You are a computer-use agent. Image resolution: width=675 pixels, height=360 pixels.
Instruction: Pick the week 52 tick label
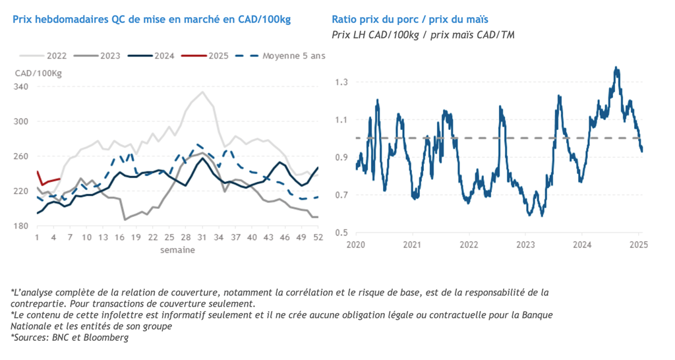click(x=318, y=237)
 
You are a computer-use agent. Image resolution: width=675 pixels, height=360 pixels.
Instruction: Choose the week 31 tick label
click(x=202, y=237)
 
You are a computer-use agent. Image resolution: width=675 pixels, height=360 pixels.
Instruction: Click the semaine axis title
click(x=177, y=250)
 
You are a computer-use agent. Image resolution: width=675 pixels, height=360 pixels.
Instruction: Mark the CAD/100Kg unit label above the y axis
click(x=38, y=73)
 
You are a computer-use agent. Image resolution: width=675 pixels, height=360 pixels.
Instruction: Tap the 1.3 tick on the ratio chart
click(x=341, y=82)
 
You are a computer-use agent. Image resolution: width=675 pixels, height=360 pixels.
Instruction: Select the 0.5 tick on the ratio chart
click(x=341, y=233)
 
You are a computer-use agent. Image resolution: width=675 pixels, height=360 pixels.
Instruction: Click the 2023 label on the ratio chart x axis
click(x=525, y=245)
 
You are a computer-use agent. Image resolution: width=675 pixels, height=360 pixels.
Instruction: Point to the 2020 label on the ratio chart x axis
click(x=355, y=245)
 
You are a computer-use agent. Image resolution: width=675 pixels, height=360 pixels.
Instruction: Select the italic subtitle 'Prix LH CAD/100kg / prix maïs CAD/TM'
click(x=423, y=34)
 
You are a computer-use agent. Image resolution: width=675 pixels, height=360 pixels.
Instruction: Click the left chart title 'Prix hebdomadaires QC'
click(x=152, y=19)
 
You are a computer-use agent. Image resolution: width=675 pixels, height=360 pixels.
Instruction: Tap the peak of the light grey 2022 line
click(x=202, y=92)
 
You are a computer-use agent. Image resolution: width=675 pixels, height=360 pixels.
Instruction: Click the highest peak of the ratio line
click(x=616, y=67)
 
